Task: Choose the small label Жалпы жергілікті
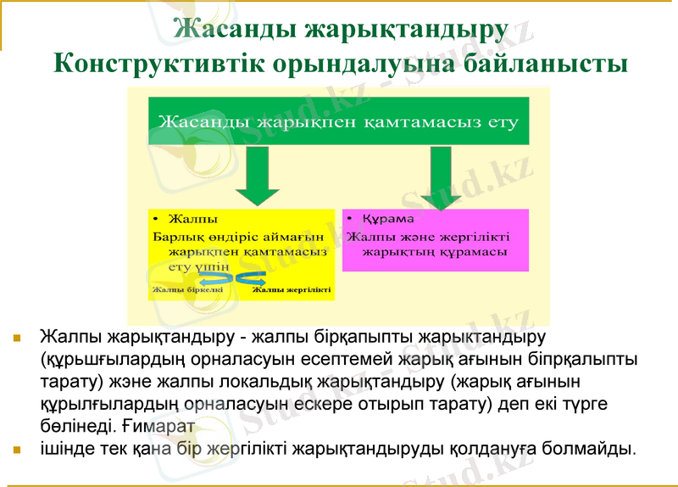(291, 290)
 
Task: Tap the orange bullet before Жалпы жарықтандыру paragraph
(17, 337)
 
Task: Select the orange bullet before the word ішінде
(17, 447)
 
